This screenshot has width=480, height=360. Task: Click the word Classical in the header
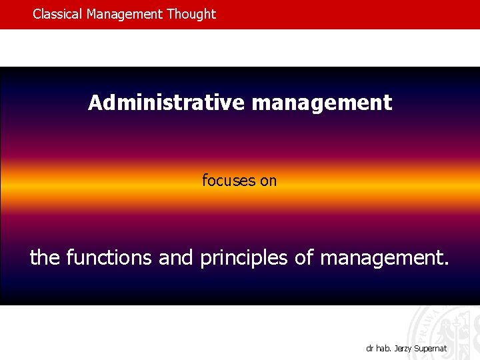58,14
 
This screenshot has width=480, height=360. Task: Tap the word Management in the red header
127,14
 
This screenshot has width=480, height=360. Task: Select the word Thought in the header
193,14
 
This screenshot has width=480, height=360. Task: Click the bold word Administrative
167,103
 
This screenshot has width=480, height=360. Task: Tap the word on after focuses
268,180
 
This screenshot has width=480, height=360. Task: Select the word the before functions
45,257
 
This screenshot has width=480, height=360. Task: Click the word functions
109,257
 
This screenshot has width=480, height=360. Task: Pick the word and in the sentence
176,257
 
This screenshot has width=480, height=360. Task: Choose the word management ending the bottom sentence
381,257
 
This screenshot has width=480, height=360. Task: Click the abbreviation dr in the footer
369,348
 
